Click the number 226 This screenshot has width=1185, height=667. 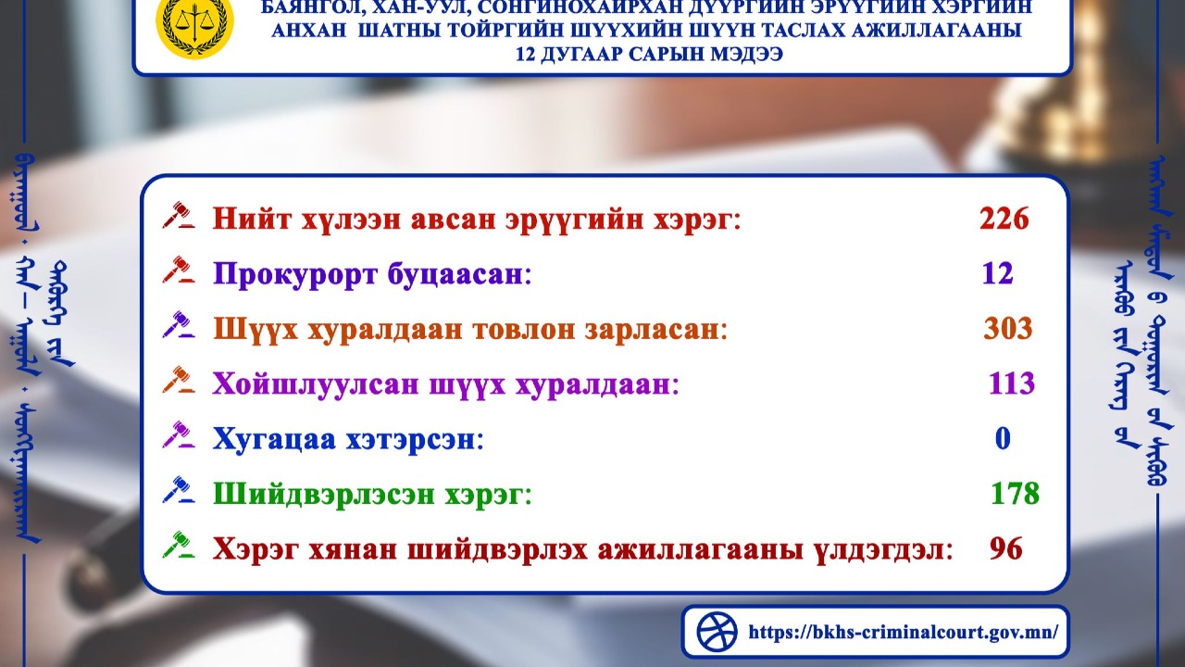point(1004,220)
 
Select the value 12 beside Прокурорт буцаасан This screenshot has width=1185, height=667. point(998,274)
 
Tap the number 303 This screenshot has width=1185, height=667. point(1008,329)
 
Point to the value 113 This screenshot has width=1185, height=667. point(1011,384)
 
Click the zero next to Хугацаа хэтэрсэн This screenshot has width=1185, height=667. point(1003,438)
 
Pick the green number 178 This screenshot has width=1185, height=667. point(1015,493)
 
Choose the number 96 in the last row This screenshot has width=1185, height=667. point(1005,548)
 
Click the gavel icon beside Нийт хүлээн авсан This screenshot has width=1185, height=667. point(178,217)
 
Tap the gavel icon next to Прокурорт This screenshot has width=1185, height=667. point(178,271)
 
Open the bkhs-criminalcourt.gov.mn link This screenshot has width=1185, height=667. point(902,633)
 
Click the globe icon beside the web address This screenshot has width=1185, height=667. point(717,632)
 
